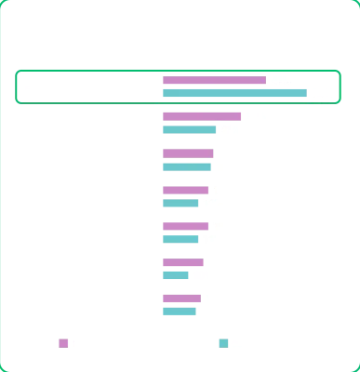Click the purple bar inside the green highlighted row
click(212, 81)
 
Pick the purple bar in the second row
click(200, 118)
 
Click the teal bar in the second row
click(187, 129)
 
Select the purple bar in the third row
click(186, 154)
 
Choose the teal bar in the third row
click(186, 166)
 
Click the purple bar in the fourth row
click(184, 191)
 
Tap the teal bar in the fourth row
click(180, 202)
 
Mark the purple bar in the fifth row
click(183, 225)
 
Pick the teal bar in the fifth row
click(179, 237)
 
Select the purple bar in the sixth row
click(182, 262)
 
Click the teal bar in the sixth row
click(175, 274)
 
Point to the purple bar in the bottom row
click(180, 299)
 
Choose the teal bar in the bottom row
click(179, 311)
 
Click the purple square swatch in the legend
click(62, 342)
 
